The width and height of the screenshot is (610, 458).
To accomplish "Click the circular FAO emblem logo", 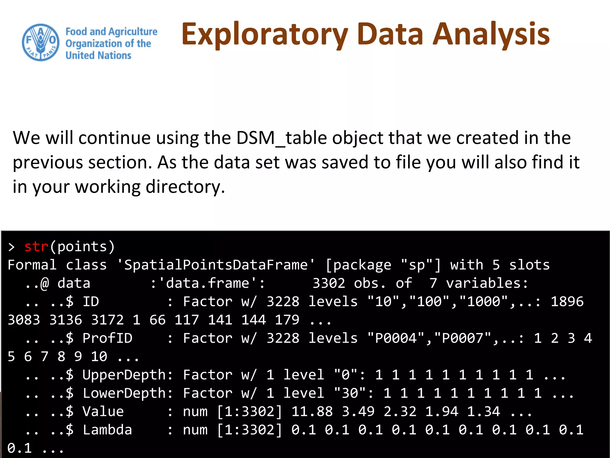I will click(x=41, y=42).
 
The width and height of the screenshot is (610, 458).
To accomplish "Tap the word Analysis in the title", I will click(x=491, y=35).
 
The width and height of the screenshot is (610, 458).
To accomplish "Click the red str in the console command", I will click(x=36, y=247).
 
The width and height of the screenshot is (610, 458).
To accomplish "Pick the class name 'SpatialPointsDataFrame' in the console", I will click(x=216, y=265).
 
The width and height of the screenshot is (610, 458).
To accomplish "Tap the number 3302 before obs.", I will click(x=329, y=283).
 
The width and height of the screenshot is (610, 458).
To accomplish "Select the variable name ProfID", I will click(x=107, y=338).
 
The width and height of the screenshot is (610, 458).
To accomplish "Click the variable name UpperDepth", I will click(x=124, y=375).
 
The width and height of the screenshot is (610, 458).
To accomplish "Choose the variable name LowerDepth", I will click(x=124, y=393).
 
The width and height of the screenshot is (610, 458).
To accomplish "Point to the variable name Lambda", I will click(x=107, y=430).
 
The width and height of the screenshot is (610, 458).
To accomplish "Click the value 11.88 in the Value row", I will click(x=312, y=412).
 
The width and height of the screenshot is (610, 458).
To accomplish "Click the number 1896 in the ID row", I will click(x=567, y=301).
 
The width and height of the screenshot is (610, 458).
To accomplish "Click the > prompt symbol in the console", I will click(x=11, y=247).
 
